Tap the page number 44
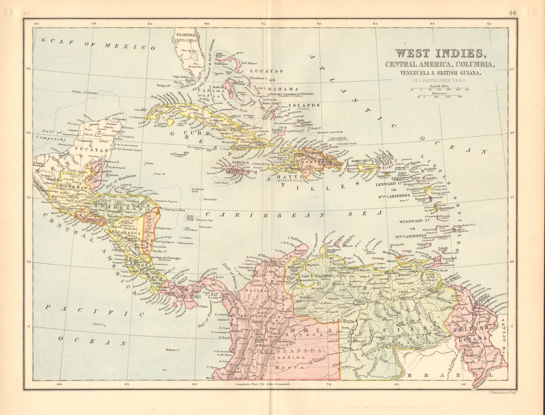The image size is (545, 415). coord(512,13)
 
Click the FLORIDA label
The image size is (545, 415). coord(185,36)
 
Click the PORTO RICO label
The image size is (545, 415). coord(361,161)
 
